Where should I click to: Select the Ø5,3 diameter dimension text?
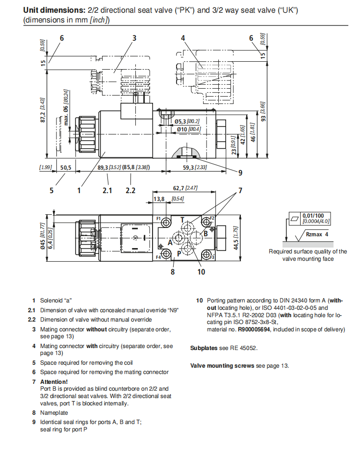(181, 121)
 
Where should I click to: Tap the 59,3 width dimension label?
(188, 168)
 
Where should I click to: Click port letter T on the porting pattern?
(182, 220)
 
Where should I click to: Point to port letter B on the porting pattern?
(206, 234)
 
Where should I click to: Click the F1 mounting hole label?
(158, 218)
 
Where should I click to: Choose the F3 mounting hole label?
(212, 256)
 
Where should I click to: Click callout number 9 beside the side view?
(240, 173)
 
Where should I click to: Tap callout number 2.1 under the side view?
(107, 190)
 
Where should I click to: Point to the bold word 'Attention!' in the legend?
(54, 381)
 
